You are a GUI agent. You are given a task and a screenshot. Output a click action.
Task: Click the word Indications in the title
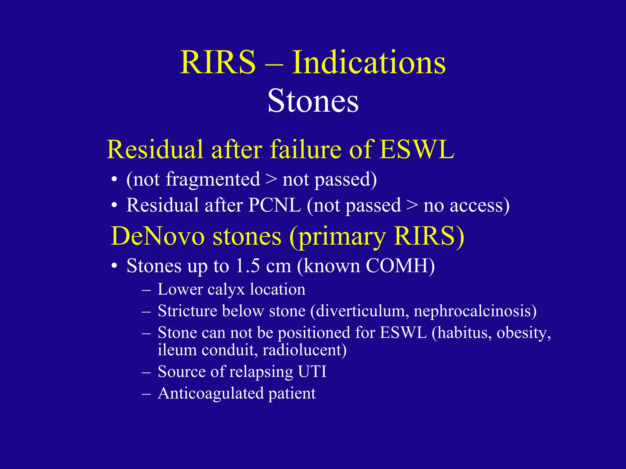coord(369,63)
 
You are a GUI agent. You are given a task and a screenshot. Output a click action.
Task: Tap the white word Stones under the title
coord(313,101)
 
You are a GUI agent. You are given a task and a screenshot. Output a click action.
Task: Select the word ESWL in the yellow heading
coord(417,149)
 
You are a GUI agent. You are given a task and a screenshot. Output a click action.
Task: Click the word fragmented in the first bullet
coord(213,180)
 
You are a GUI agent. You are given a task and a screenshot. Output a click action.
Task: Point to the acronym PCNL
coord(274,205)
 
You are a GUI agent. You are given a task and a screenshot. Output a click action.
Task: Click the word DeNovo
coord(157,236)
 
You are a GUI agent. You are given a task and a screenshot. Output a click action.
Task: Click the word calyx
coord(226,289)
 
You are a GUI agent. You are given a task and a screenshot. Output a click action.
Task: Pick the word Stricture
coord(187,311)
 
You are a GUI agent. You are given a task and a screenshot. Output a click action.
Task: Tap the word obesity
coord(523,333)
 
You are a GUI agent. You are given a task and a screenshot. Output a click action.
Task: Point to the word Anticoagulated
coord(211,393)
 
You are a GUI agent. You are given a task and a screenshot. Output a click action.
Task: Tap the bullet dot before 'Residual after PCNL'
coord(114,205)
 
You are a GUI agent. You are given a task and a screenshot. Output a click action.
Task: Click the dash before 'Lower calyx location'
coord(146,290)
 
